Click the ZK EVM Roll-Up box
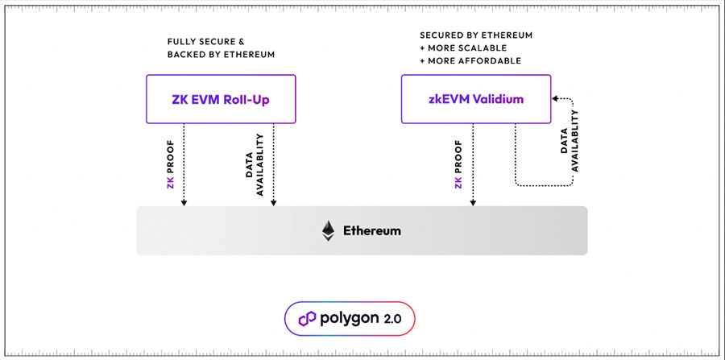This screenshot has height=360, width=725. pos(221,99)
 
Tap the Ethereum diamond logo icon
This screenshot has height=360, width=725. pos(328,230)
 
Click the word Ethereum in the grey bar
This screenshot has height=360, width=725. pos(372,230)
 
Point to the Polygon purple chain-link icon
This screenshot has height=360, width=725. pos(307,318)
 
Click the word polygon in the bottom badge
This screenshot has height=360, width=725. pos(347,318)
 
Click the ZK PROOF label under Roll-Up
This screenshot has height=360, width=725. pos(170,164)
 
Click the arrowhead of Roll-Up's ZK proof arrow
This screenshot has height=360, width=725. pos(184,202)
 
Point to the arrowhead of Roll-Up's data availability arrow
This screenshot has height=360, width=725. pos(275,202)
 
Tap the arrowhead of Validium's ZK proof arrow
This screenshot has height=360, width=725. pos(473,202)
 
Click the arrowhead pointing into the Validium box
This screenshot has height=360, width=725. pos(554,99)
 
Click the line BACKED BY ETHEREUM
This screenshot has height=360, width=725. pos(221,54)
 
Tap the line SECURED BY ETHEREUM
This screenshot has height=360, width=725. pos(476,36)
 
